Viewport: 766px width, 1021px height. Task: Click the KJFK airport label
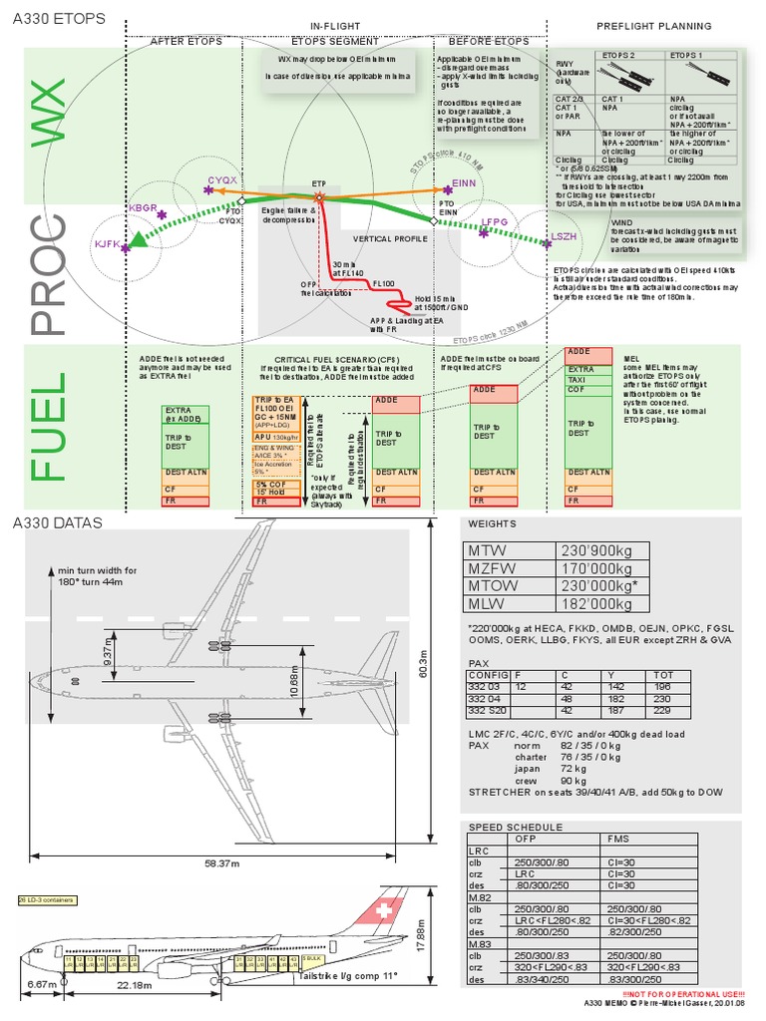point(107,243)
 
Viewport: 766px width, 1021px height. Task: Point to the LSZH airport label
point(564,236)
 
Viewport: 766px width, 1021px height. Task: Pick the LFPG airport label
point(495,222)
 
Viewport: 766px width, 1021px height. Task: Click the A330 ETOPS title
point(56,17)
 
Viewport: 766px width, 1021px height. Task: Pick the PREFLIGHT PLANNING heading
point(653,26)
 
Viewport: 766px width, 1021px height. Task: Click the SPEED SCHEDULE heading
point(516,827)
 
